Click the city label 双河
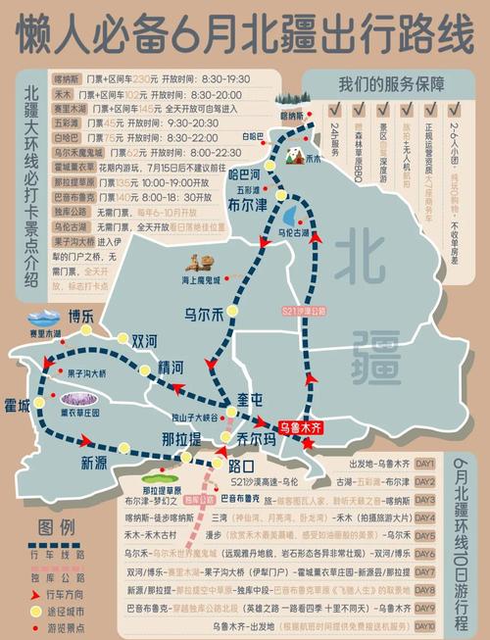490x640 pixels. (x=144, y=341)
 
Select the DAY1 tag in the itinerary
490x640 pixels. (x=424, y=464)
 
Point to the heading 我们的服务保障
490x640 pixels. (x=391, y=83)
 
